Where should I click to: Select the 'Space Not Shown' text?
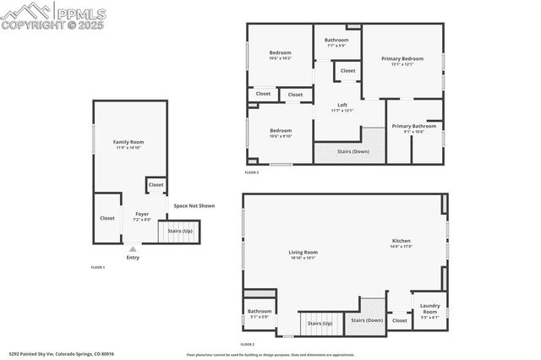(x=194, y=205)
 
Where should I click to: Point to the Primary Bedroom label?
(x=402, y=62)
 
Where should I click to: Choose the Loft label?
(x=342, y=106)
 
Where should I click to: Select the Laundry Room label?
(x=429, y=307)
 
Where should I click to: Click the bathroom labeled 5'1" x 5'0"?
(x=259, y=314)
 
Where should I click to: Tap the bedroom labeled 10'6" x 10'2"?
(x=280, y=55)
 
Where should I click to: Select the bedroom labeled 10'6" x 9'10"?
(x=280, y=133)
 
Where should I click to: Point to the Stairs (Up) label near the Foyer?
(x=179, y=231)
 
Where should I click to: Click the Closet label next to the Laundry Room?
(x=400, y=320)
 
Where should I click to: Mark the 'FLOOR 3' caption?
(x=252, y=172)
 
